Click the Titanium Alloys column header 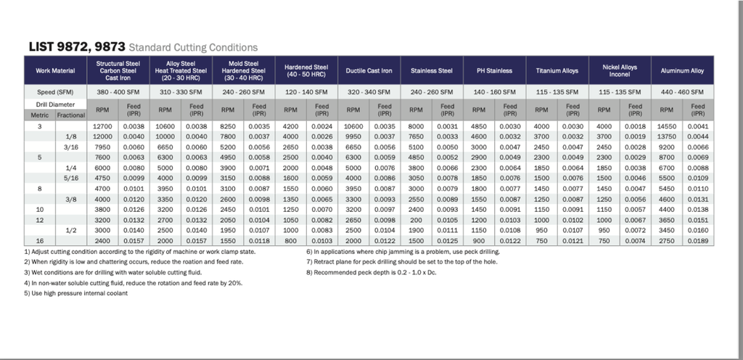557,70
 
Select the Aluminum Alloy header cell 682,70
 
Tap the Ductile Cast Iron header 369,70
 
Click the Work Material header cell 55,70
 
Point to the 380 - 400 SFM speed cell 118,92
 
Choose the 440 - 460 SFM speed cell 682,92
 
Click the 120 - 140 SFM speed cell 306,92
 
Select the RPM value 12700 102,126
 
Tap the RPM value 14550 666,126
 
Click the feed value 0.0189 697,240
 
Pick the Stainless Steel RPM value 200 416,219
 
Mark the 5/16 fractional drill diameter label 71,178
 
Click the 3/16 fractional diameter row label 71,147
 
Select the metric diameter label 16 40,240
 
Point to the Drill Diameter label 55,104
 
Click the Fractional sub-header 71,115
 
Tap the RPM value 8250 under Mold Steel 228,126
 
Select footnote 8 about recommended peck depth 369,273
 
